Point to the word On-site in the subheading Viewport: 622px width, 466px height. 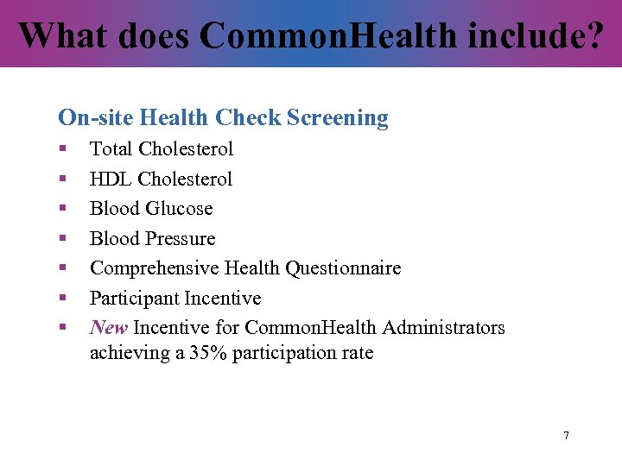click(x=95, y=117)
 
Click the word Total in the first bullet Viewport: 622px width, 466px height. click(x=111, y=149)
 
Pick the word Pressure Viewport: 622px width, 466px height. click(x=182, y=239)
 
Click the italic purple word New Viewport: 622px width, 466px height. click(x=109, y=328)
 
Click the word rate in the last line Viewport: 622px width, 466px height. click(x=358, y=353)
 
